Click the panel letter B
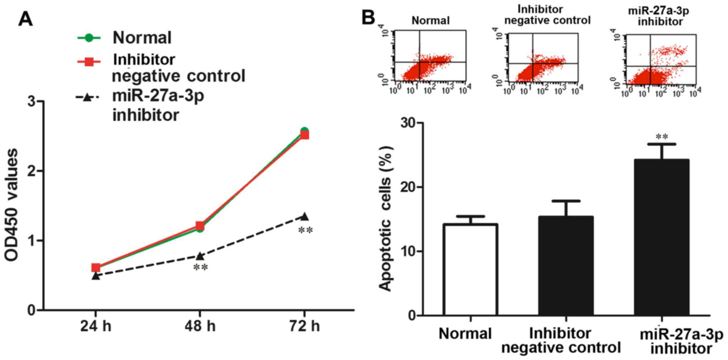368,17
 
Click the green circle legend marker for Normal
89,38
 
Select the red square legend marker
89,62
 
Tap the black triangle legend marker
86,97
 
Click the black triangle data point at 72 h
304,216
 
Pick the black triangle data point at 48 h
200,256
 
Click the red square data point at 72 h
304,135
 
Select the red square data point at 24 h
95,267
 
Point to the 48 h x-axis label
200,327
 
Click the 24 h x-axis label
95,327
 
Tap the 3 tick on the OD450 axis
32,101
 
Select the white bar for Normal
470,270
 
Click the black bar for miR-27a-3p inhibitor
661,237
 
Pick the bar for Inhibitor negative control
566,266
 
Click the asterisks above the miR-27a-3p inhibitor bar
662,137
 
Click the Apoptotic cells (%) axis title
386,219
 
